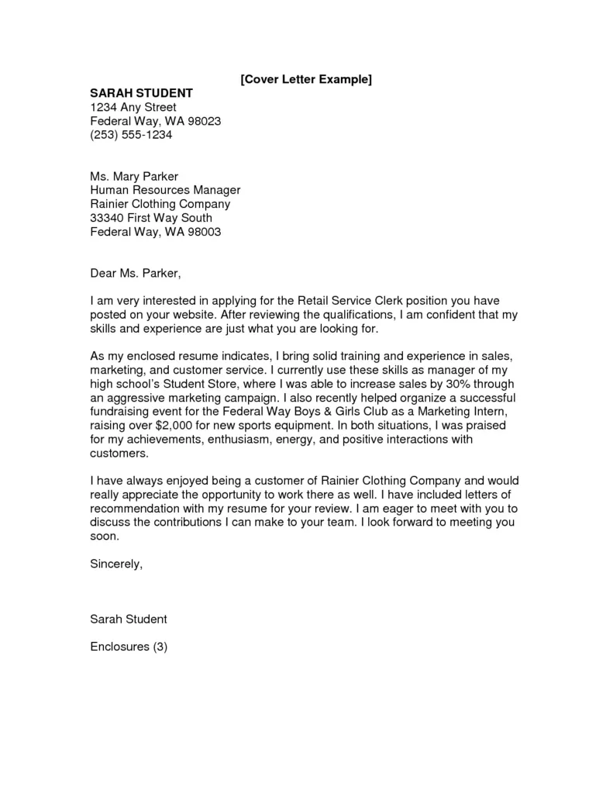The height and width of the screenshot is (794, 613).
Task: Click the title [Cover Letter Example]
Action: coord(306,80)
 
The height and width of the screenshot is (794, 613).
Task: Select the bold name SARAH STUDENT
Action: coord(141,93)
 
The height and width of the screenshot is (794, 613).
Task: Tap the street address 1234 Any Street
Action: coord(133,107)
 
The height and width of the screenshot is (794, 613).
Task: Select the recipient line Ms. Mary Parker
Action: coord(134,177)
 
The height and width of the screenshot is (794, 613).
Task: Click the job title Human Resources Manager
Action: coord(165,191)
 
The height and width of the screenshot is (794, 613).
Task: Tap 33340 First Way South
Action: coord(151,218)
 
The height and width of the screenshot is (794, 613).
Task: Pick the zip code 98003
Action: coord(205,232)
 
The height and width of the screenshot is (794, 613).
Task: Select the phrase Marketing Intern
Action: coord(466,413)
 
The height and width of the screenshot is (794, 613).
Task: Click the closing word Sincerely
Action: coord(116,564)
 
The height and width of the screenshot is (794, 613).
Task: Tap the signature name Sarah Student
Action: coord(129,619)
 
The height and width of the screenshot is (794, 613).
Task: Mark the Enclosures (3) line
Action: coord(129,646)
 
